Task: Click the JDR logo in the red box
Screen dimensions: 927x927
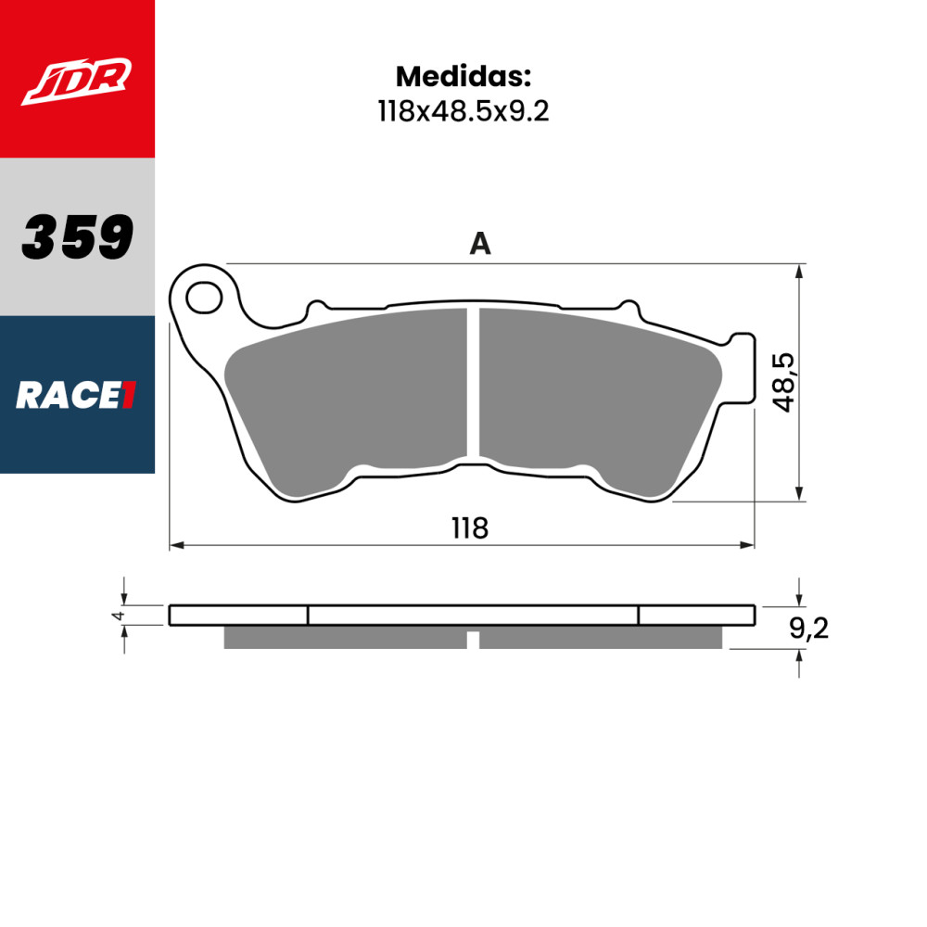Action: [x=77, y=80]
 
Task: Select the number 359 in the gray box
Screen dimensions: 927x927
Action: [x=77, y=236]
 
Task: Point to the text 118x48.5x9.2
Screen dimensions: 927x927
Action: [x=463, y=111]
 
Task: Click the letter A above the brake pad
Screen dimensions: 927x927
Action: [x=479, y=244]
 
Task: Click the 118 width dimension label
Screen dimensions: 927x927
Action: [x=469, y=528]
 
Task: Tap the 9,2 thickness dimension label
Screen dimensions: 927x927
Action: [x=808, y=629]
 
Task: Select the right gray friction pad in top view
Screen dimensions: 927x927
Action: [x=593, y=394]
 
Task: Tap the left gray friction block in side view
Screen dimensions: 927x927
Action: [x=345, y=638]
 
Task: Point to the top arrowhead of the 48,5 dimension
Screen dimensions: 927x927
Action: [x=799, y=271]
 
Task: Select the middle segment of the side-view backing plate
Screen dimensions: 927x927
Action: [x=473, y=616]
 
